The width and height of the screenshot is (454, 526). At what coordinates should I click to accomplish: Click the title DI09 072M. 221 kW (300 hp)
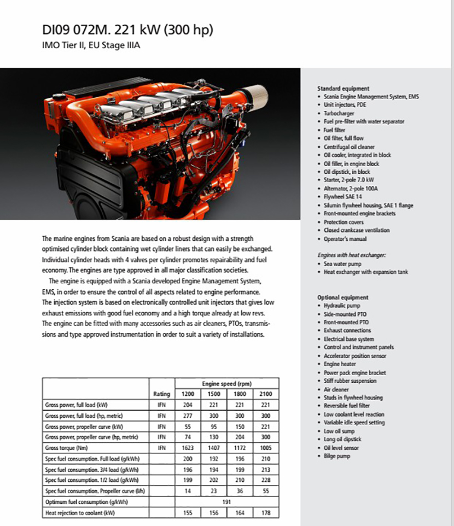(x=127, y=30)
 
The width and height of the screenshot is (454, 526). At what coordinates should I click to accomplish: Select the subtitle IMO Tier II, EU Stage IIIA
(x=91, y=45)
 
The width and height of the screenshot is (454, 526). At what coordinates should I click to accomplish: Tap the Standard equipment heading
(x=343, y=88)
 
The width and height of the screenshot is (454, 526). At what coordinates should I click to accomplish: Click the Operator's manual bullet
(x=345, y=239)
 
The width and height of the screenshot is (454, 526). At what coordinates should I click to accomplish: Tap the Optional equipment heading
(x=343, y=297)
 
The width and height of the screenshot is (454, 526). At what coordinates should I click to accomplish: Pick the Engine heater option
(x=340, y=364)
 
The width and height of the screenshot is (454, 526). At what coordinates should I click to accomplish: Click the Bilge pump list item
(x=337, y=456)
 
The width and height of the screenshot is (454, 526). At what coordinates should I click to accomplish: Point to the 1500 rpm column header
(x=214, y=394)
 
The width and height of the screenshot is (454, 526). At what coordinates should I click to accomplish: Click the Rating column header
(x=162, y=394)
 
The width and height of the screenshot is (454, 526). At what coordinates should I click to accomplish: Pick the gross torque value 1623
(x=188, y=447)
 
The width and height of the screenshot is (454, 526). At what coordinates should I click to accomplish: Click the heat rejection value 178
(x=265, y=513)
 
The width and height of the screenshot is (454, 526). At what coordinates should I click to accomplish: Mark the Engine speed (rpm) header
(x=226, y=384)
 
